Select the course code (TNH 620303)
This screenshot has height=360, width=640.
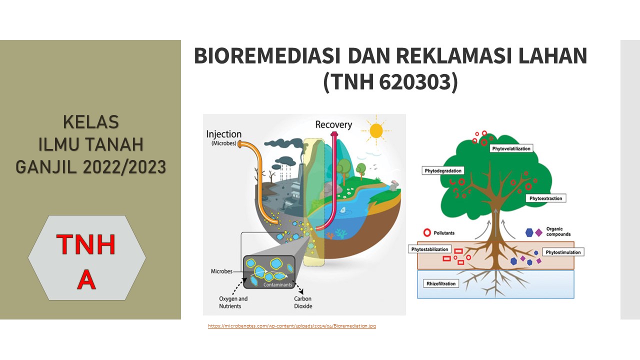pyautogui.click(x=390, y=82)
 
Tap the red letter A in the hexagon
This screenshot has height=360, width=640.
pyautogui.click(x=86, y=280)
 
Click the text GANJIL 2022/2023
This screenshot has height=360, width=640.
pyautogui.click(x=90, y=167)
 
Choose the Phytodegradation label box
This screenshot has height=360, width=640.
pyautogui.click(x=443, y=171)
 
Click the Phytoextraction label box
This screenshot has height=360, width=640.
pyautogui.click(x=545, y=198)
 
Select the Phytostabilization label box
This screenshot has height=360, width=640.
pyautogui.click(x=430, y=249)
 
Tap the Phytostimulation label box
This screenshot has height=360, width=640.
pyautogui.click(x=563, y=252)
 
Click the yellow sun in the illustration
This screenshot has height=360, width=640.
pyautogui.click(x=375, y=130)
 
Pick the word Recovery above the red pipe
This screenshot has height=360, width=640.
pyautogui.click(x=333, y=124)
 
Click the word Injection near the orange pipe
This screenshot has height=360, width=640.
pyautogui.click(x=223, y=134)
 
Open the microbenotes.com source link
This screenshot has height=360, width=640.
pyautogui.click(x=292, y=326)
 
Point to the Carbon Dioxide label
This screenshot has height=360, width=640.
pyautogui.click(x=303, y=302)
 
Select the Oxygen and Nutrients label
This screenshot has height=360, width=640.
pyautogui.click(x=233, y=302)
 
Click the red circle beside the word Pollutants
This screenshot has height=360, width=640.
pyautogui.click(x=427, y=232)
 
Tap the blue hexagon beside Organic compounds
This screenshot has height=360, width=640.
pyautogui.click(x=529, y=232)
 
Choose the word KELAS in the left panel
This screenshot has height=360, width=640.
pyautogui.click(x=90, y=122)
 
